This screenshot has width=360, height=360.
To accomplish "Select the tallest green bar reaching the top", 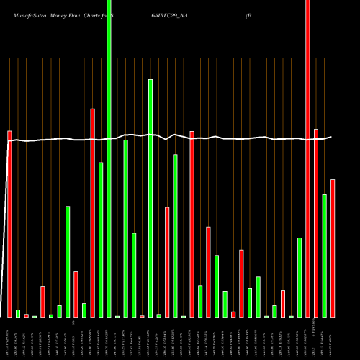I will point(109,158).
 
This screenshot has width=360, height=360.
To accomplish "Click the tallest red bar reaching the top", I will point(308,158).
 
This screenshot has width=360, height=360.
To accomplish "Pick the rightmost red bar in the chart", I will point(333,248).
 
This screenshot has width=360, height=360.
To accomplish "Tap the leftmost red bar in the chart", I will point(9,224).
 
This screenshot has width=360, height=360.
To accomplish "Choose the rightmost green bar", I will point(325,256).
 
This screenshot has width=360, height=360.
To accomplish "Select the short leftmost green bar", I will point(18,313).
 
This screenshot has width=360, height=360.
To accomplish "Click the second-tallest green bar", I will point(150,198).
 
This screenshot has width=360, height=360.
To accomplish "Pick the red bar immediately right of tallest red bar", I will point(316,223).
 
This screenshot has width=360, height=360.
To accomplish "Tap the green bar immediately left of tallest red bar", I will point(300,277).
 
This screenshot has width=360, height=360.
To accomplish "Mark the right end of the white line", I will point(332,137).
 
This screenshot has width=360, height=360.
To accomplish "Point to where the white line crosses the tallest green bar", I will point(109,138).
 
